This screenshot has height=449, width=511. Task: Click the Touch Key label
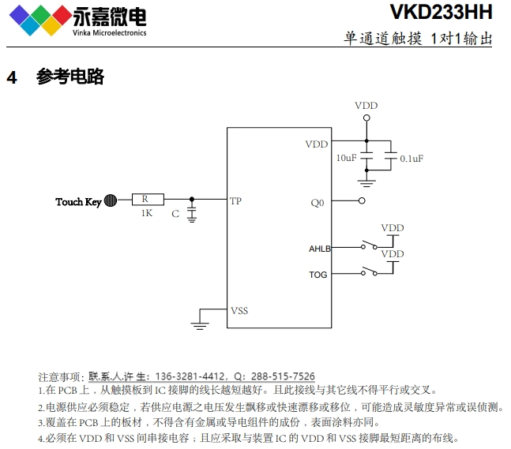coord(78,202)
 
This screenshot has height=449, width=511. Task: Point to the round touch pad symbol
coord(111,201)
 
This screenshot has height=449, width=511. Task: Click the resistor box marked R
coord(148,200)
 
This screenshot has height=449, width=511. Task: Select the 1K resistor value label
coord(146,214)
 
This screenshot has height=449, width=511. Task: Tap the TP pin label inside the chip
coord(235,201)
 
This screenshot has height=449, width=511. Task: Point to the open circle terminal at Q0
coord(362,201)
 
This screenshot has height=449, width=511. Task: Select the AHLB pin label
coord(319,249)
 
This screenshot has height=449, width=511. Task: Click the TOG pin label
coord(317,275)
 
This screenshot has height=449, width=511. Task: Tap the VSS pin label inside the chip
coord(239,311)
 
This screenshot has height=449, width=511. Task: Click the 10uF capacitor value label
coord(346,158)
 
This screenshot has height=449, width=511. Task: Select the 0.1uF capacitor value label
coord(411,159)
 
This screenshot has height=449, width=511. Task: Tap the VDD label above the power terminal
coord(366,106)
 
